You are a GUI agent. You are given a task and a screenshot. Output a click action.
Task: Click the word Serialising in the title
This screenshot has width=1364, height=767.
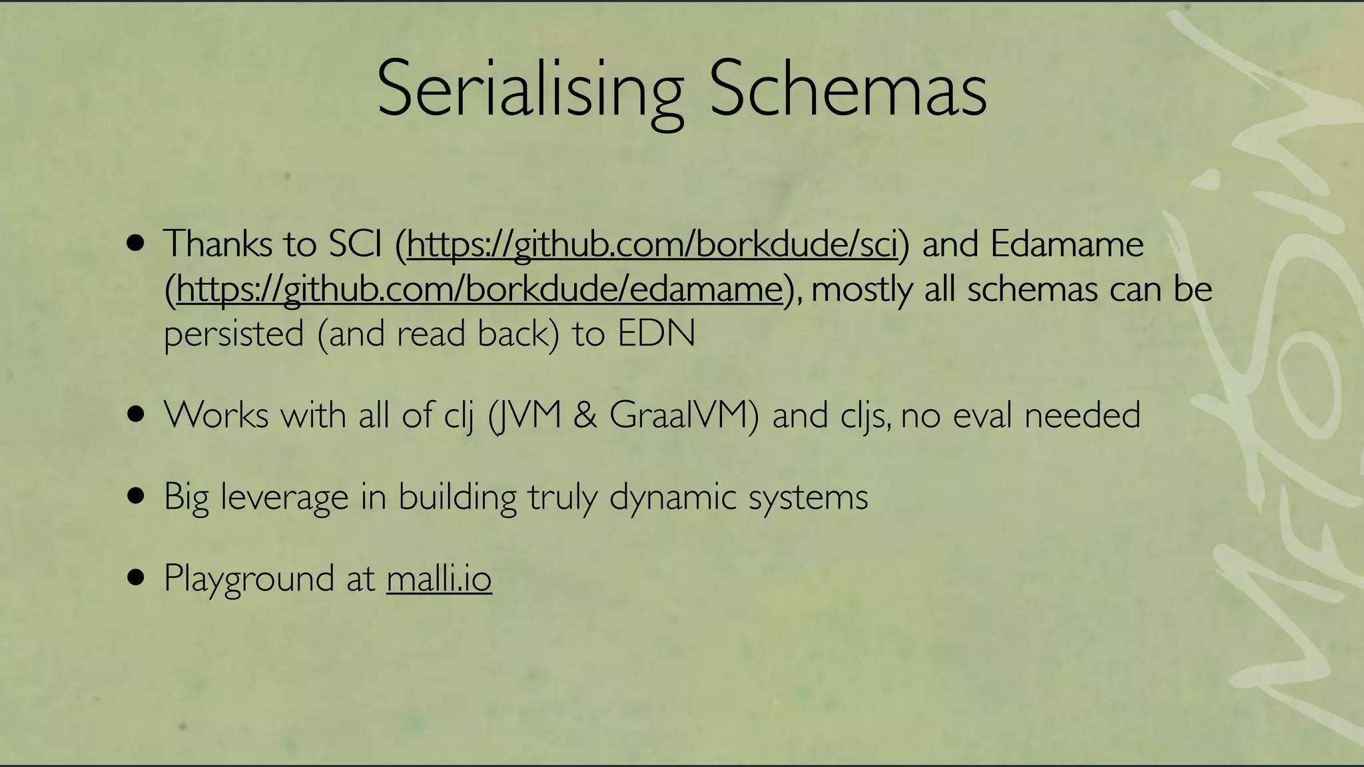click(529, 90)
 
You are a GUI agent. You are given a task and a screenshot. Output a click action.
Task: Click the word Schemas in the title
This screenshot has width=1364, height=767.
click(847, 90)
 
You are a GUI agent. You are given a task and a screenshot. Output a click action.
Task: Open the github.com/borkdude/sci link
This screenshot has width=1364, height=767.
click(652, 244)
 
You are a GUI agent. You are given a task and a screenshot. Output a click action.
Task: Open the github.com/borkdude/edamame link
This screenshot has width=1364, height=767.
click(480, 290)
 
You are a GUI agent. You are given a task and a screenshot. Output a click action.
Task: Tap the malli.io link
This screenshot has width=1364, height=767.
click(439, 579)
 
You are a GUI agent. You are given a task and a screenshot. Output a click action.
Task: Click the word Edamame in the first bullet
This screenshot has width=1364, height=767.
click(1066, 244)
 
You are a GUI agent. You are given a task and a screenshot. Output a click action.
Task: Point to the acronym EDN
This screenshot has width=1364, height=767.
click(656, 334)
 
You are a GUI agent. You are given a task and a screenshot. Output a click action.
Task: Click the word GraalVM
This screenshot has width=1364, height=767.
click(683, 415)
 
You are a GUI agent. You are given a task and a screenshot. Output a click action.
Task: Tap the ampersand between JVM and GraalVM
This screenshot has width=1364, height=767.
click(585, 415)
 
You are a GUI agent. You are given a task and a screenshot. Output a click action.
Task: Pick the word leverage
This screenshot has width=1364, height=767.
click(284, 497)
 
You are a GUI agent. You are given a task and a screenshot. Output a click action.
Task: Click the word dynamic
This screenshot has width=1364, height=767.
click(673, 497)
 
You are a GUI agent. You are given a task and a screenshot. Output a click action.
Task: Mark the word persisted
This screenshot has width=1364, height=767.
click(234, 334)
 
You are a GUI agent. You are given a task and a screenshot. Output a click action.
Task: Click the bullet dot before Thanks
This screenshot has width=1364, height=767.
click(135, 243)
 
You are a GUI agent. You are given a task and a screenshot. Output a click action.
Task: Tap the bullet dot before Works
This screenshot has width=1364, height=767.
click(135, 415)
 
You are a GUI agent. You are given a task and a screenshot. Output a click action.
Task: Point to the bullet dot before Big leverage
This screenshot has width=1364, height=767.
click(135, 496)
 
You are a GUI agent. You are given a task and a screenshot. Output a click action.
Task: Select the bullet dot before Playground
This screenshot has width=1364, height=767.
click(135, 577)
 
